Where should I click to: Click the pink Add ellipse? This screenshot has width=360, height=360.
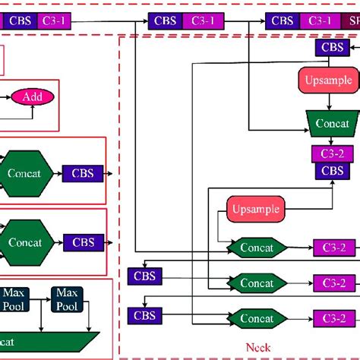(32, 96)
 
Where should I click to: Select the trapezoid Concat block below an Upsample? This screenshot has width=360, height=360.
(331, 123)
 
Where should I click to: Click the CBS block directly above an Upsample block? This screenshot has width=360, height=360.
(333, 49)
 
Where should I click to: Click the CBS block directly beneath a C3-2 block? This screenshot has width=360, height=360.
(332, 171)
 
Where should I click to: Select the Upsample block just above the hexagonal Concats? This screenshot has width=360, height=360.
(255, 208)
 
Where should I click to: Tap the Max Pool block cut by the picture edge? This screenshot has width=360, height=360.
(13, 298)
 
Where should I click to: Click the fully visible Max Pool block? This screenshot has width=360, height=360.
(67, 298)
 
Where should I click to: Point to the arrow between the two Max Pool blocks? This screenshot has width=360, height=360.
(39, 298)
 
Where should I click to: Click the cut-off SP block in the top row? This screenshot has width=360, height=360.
(353, 21)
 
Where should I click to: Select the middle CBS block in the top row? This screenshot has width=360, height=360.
(166, 21)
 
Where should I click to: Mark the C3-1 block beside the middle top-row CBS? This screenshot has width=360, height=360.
(202, 21)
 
